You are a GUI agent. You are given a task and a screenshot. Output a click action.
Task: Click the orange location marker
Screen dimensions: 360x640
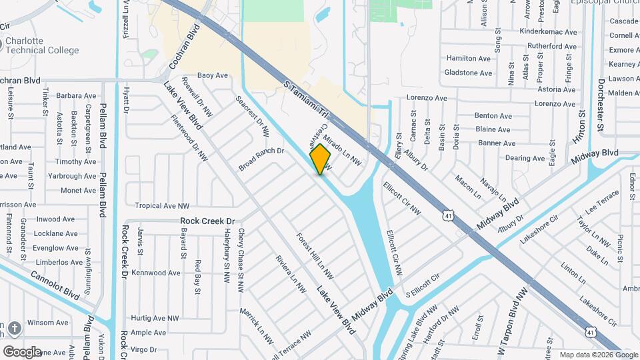(321, 159)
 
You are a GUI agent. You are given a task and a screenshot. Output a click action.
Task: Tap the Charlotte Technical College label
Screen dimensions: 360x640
(42, 45)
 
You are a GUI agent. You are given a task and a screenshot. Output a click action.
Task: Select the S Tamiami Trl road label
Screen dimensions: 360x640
(306, 101)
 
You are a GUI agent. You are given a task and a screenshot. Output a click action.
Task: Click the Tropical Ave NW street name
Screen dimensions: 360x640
(162, 206)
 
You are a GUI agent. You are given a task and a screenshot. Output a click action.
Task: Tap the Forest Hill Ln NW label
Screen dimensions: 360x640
(315, 255)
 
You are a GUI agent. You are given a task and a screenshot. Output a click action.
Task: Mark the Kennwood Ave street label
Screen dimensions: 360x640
(156, 273)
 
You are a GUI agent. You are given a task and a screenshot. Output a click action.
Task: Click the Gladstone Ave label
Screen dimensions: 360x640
(469, 73)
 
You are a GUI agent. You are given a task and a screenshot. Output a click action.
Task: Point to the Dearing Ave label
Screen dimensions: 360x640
(525, 158)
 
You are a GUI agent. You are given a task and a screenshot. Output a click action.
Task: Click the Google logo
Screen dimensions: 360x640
(22, 351)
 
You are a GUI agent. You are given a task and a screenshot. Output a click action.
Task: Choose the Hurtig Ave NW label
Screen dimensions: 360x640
(155, 319)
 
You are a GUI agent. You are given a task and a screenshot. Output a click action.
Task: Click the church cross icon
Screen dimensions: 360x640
(15, 328)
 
